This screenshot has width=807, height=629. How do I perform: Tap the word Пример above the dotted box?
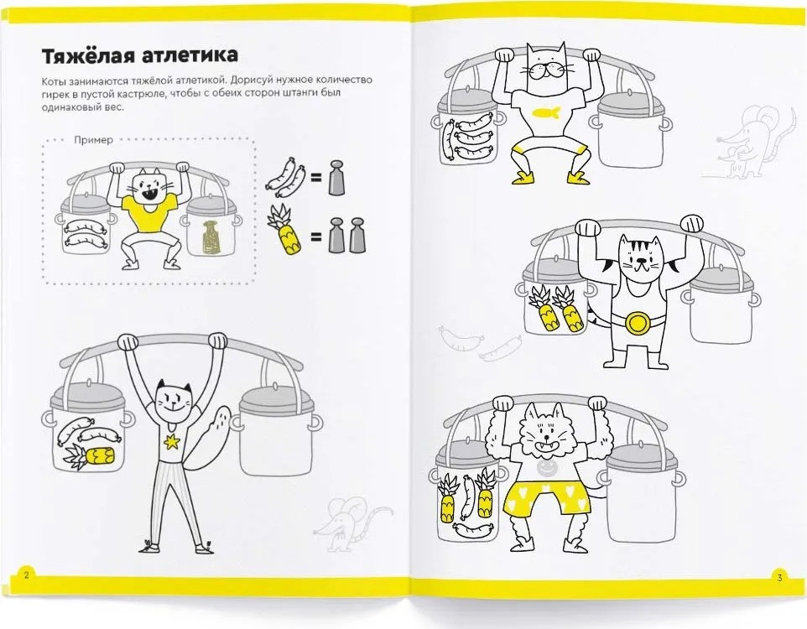pyautogui.click(x=93, y=140)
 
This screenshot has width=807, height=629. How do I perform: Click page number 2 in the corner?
pyautogui.click(x=27, y=575)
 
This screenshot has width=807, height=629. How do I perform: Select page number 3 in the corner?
pyautogui.click(x=779, y=578)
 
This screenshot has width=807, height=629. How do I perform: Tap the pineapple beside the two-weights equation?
pyautogui.click(x=284, y=230)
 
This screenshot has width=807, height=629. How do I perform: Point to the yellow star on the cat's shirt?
pyautogui.click(x=171, y=441)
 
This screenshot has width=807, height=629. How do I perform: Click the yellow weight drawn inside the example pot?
pyautogui.click(x=210, y=237)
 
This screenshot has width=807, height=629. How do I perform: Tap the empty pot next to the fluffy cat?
pyautogui.click(x=644, y=494)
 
